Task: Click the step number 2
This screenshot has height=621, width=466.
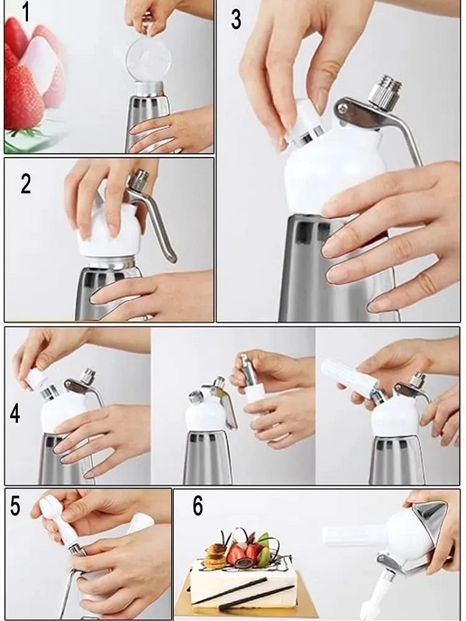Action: (25, 184)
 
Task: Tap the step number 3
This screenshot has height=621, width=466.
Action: (236, 20)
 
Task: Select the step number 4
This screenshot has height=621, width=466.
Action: (15, 414)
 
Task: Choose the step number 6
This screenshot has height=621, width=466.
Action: (198, 506)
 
